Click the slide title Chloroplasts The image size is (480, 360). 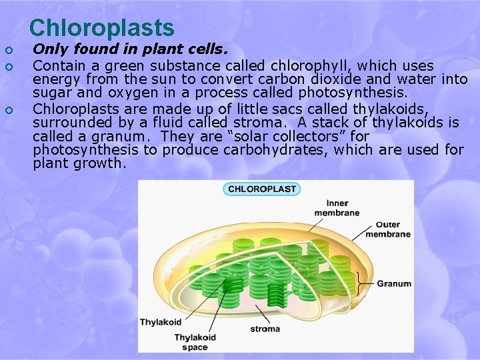[102, 27]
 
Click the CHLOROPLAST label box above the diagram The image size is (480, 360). [261, 189]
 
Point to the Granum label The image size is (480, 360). [393, 283]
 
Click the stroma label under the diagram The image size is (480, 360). [265, 329]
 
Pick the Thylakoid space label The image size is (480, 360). [195, 341]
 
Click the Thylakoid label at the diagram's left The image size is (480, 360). [160, 322]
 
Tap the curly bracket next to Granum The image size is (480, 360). [364, 283]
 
